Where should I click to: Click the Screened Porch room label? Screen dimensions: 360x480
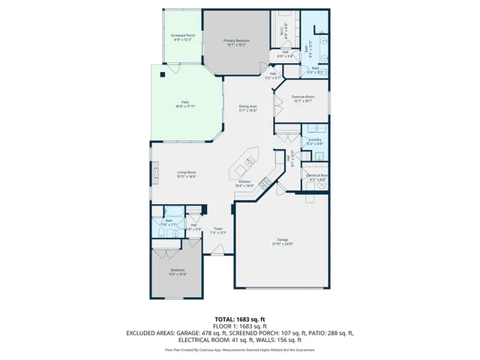pyautogui.click(x=183, y=37)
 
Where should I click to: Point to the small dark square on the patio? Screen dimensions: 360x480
pyautogui.click(x=162, y=74)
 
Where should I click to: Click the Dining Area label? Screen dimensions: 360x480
pyautogui.click(x=248, y=109)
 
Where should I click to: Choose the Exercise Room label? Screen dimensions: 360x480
pyautogui.click(x=303, y=99)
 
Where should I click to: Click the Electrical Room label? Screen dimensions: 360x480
pyautogui.click(x=316, y=177)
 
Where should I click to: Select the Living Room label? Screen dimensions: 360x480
pyautogui.click(x=187, y=175)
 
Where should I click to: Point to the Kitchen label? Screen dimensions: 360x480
pyautogui.click(x=244, y=184)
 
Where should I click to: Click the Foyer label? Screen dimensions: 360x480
pyautogui.click(x=218, y=230)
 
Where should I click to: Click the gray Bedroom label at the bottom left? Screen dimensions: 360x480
pyautogui.click(x=177, y=271)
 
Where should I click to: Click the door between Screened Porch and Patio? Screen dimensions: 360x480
pyautogui.click(x=172, y=69)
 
